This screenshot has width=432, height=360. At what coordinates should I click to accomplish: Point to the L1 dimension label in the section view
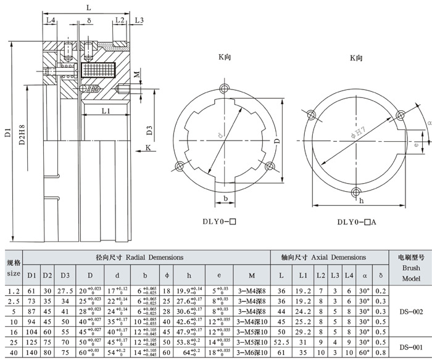(106, 112)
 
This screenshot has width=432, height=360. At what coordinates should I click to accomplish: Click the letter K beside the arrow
(148, 147)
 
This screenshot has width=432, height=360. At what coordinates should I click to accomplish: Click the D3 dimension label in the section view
(150, 130)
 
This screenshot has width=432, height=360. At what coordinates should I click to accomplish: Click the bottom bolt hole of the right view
(355, 192)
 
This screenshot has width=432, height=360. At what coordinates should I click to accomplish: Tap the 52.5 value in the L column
(281, 341)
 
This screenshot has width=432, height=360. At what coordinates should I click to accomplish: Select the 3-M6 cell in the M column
(250, 353)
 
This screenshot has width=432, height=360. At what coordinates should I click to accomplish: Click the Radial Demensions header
(140, 256)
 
